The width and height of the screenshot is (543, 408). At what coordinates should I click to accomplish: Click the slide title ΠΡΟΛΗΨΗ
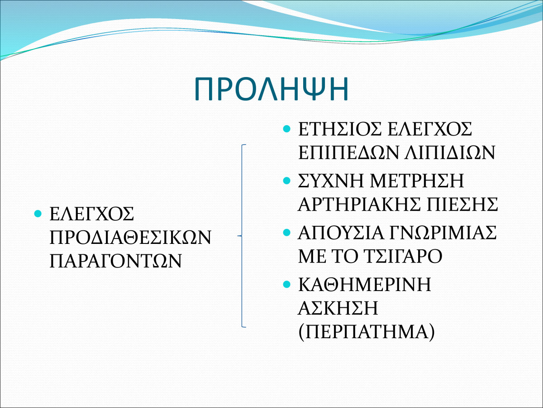tap(271, 89)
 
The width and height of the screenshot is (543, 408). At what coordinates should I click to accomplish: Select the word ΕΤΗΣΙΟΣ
tap(340, 129)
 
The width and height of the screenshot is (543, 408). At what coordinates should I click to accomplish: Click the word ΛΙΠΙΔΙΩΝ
tap(450, 152)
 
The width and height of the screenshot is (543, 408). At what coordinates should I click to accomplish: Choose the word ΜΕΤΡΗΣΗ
tap(417, 180)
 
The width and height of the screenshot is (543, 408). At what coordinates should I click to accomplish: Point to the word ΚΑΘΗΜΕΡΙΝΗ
tap(365, 284)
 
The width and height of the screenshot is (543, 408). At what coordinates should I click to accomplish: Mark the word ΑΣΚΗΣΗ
tap(338, 308)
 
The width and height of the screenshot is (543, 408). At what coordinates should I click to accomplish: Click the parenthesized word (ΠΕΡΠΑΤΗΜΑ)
tap(367, 331)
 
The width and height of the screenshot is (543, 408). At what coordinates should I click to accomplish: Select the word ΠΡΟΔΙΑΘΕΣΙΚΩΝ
tap(131, 237)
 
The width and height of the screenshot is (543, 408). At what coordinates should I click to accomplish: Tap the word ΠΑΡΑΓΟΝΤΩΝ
tap(116, 261)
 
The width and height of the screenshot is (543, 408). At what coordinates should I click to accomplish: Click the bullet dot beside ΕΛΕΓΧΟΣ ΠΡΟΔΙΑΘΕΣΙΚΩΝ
tap(38, 213)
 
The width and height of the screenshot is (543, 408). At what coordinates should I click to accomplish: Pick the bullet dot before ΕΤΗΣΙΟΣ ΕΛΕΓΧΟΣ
tap(286, 129)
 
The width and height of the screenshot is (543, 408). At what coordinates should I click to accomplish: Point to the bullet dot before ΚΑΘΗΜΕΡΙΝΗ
tap(286, 284)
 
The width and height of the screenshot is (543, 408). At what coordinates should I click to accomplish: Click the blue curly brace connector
tap(242, 236)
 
